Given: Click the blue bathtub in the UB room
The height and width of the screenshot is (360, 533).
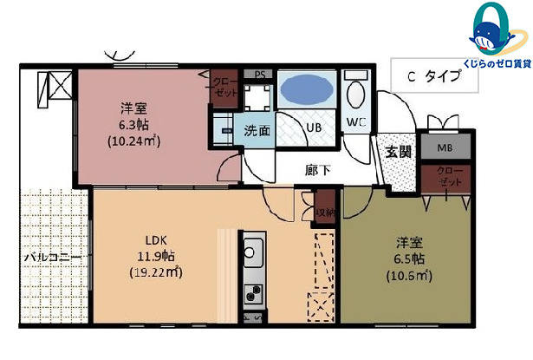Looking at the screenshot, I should coord(307,90).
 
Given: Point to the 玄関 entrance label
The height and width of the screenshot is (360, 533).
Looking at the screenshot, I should coord(399,152).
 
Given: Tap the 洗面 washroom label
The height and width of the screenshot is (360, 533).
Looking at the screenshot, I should coord(256,132).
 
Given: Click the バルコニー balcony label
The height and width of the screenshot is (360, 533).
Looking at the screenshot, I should coord(52,259).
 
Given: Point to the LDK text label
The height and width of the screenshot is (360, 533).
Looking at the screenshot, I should coord(156,240).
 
